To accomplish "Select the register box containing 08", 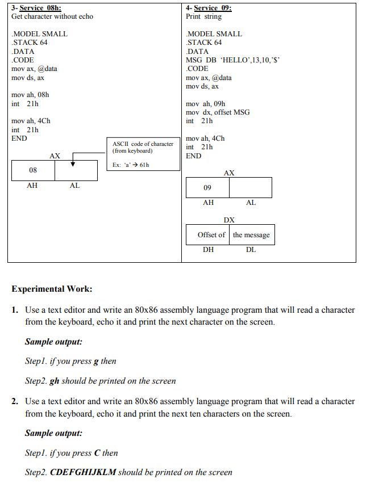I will (x=33, y=170).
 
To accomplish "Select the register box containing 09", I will (x=207, y=187).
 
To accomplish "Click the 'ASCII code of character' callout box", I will (x=143, y=153).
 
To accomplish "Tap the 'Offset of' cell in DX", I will (x=211, y=235).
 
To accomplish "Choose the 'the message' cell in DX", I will (x=251, y=235).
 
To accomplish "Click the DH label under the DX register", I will (x=209, y=250).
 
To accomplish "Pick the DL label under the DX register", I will (x=251, y=250).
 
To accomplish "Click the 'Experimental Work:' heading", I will (x=52, y=289).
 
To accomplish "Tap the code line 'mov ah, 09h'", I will (x=206, y=104).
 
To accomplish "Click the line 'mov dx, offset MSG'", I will (x=218, y=112).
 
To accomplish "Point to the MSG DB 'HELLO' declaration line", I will (x=233, y=60).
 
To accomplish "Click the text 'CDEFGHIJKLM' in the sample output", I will (x=83, y=472).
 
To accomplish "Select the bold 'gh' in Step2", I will (x=55, y=381).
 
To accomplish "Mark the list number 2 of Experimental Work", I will (x=15, y=401).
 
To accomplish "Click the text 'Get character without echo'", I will (x=52, y=16).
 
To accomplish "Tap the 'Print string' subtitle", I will (x=204, y=16).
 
